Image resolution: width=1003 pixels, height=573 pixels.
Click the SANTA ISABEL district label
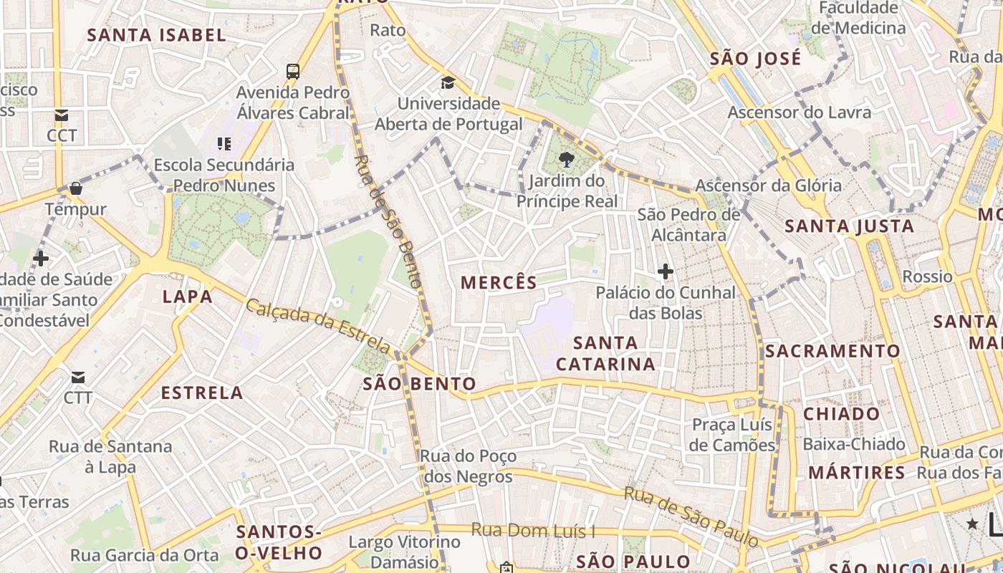[156, 34]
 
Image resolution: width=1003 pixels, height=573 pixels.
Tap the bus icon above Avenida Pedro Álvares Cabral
[293, 71]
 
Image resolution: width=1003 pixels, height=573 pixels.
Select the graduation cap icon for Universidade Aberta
[448, 82]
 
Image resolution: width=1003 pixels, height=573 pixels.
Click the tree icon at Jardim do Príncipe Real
[567, 159]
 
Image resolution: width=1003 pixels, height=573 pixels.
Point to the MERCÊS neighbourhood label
[499, 282]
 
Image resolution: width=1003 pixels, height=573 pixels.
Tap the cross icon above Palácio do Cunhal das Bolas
[666, 271]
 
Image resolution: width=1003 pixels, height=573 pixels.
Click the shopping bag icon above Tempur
[76, 188]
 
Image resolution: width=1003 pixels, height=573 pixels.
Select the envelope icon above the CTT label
[77, 377]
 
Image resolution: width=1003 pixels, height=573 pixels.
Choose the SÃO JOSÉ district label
[755, 59]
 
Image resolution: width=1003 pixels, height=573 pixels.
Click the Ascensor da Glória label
[768, 186]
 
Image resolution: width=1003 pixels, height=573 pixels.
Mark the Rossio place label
[927, 276]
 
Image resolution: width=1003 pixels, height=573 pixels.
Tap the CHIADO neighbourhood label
[841, 413]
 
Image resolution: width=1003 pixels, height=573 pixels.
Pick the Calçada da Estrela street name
[318, 327]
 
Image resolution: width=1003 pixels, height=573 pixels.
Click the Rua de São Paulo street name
[691, 516]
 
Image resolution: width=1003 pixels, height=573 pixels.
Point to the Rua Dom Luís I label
[533, 531]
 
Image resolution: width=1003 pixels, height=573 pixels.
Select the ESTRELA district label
[202, 393]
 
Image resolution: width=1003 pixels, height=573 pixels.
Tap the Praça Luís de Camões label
[733, 435]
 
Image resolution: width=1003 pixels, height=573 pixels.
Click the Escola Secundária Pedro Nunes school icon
[224, 144]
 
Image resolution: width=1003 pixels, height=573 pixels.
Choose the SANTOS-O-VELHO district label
[279, 542]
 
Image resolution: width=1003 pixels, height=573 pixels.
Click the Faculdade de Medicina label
[858, 18]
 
